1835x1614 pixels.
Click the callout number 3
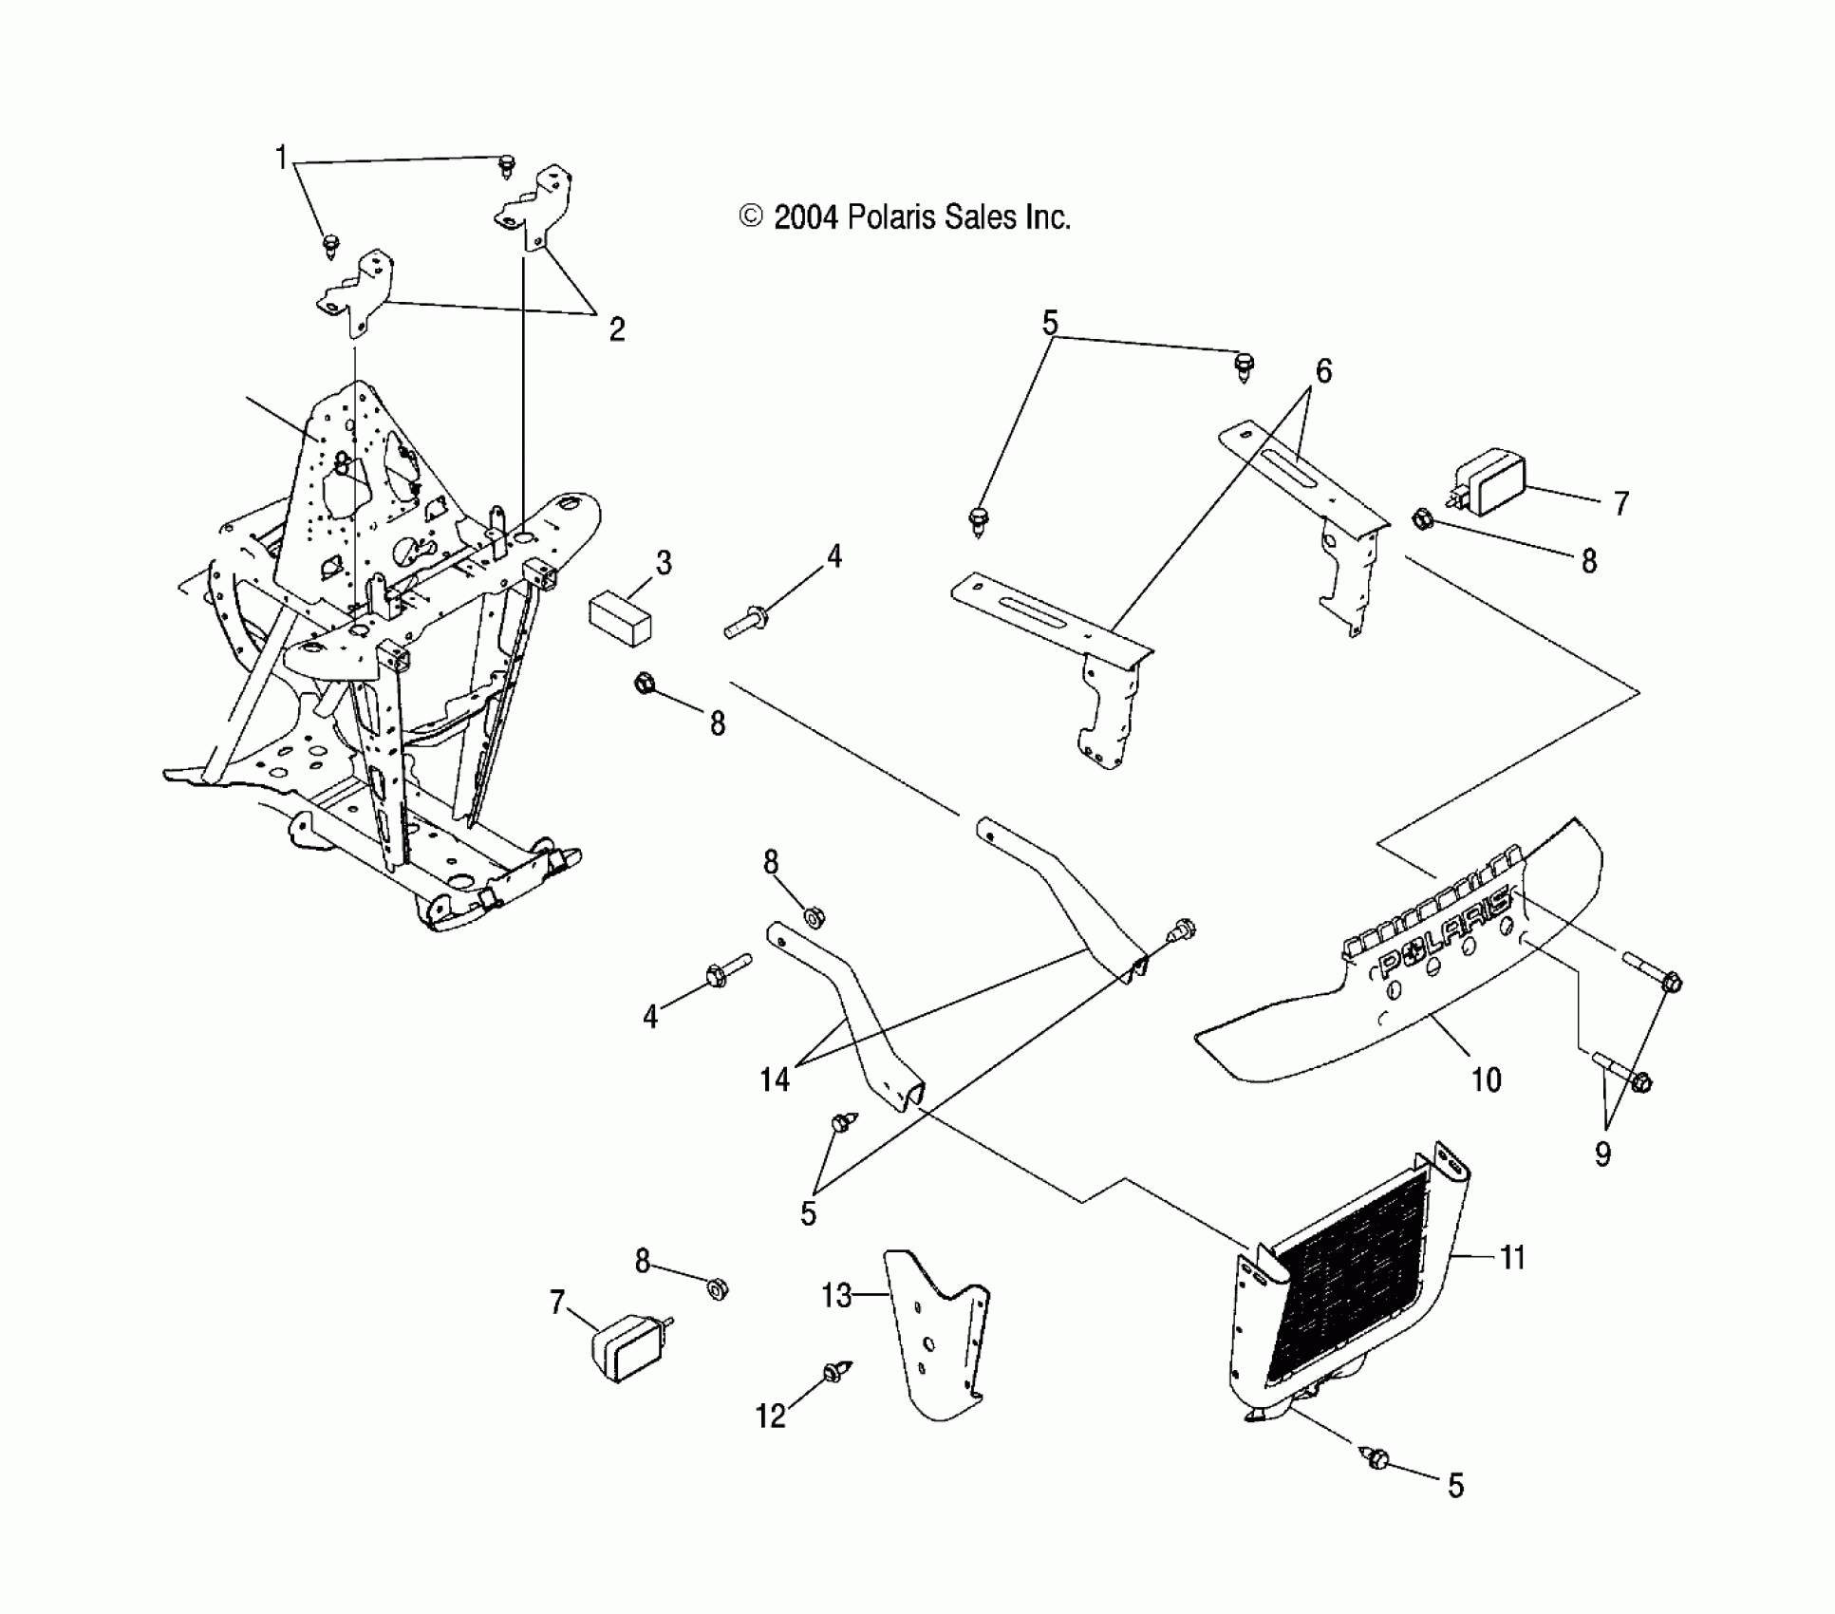(664, 563)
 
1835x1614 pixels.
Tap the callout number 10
(1486, 1079)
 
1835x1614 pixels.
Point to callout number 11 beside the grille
(1512, 1258)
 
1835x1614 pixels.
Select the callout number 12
(771, 1416)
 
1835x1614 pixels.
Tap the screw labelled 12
(836, 1371)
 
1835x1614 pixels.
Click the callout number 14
(775, 1079)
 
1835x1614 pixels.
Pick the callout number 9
(1603, 1154)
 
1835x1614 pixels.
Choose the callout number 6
(1323, 371)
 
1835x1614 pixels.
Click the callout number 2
(617, 329)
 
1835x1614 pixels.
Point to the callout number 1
(281, 157)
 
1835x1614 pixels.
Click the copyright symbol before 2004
(751, 218)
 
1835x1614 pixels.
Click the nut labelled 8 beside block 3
(644, 682)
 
